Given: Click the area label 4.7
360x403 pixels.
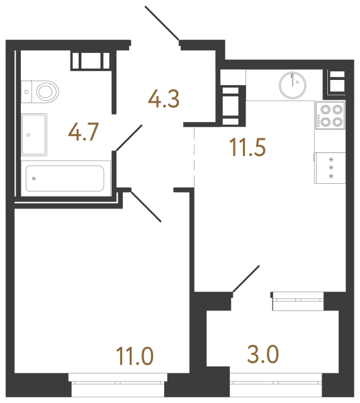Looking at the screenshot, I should tap(83, 134).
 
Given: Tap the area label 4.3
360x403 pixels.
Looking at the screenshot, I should tap(164, 99).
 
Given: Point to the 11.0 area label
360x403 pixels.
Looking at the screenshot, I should tap(135, 356).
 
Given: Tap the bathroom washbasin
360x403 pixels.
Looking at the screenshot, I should tap(34, 134).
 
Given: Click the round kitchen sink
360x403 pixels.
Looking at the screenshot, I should tap(293, 84).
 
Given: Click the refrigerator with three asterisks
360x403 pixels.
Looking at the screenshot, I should tap(330, 168).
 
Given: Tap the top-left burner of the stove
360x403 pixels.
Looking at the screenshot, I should tap(325, 109).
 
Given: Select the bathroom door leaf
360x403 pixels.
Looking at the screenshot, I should tap(130, 137).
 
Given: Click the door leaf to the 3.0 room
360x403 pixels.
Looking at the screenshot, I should tap(246, 279).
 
